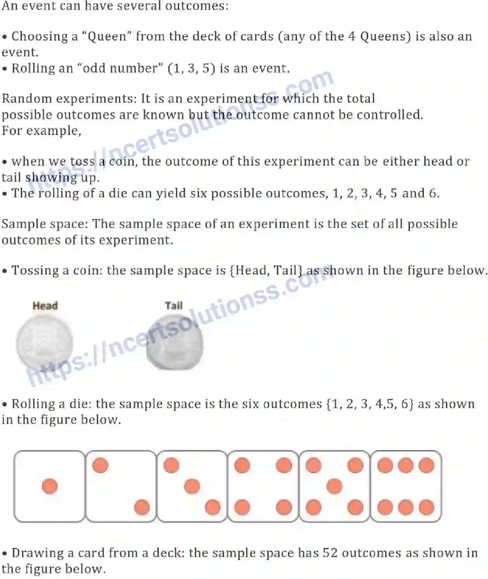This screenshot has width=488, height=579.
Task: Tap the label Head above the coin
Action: point(45,306)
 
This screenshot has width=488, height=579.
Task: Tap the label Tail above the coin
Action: point(174,306)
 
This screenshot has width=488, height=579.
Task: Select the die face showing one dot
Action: point(49,486)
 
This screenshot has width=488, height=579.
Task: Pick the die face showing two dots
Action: point(121,486)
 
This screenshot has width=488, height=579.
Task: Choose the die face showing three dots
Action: point(192,486)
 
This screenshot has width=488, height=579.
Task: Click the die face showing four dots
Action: point(263,486)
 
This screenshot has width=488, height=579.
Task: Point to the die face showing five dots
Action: point(334,486)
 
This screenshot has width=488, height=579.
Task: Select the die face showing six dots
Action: point(406,486)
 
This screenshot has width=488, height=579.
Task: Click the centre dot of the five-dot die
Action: point(334,486)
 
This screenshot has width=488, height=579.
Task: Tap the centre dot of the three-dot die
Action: point(192,486)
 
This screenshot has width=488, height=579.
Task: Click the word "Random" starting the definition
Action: point(27,99)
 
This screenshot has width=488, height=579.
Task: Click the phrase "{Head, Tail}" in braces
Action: point(266,270)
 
